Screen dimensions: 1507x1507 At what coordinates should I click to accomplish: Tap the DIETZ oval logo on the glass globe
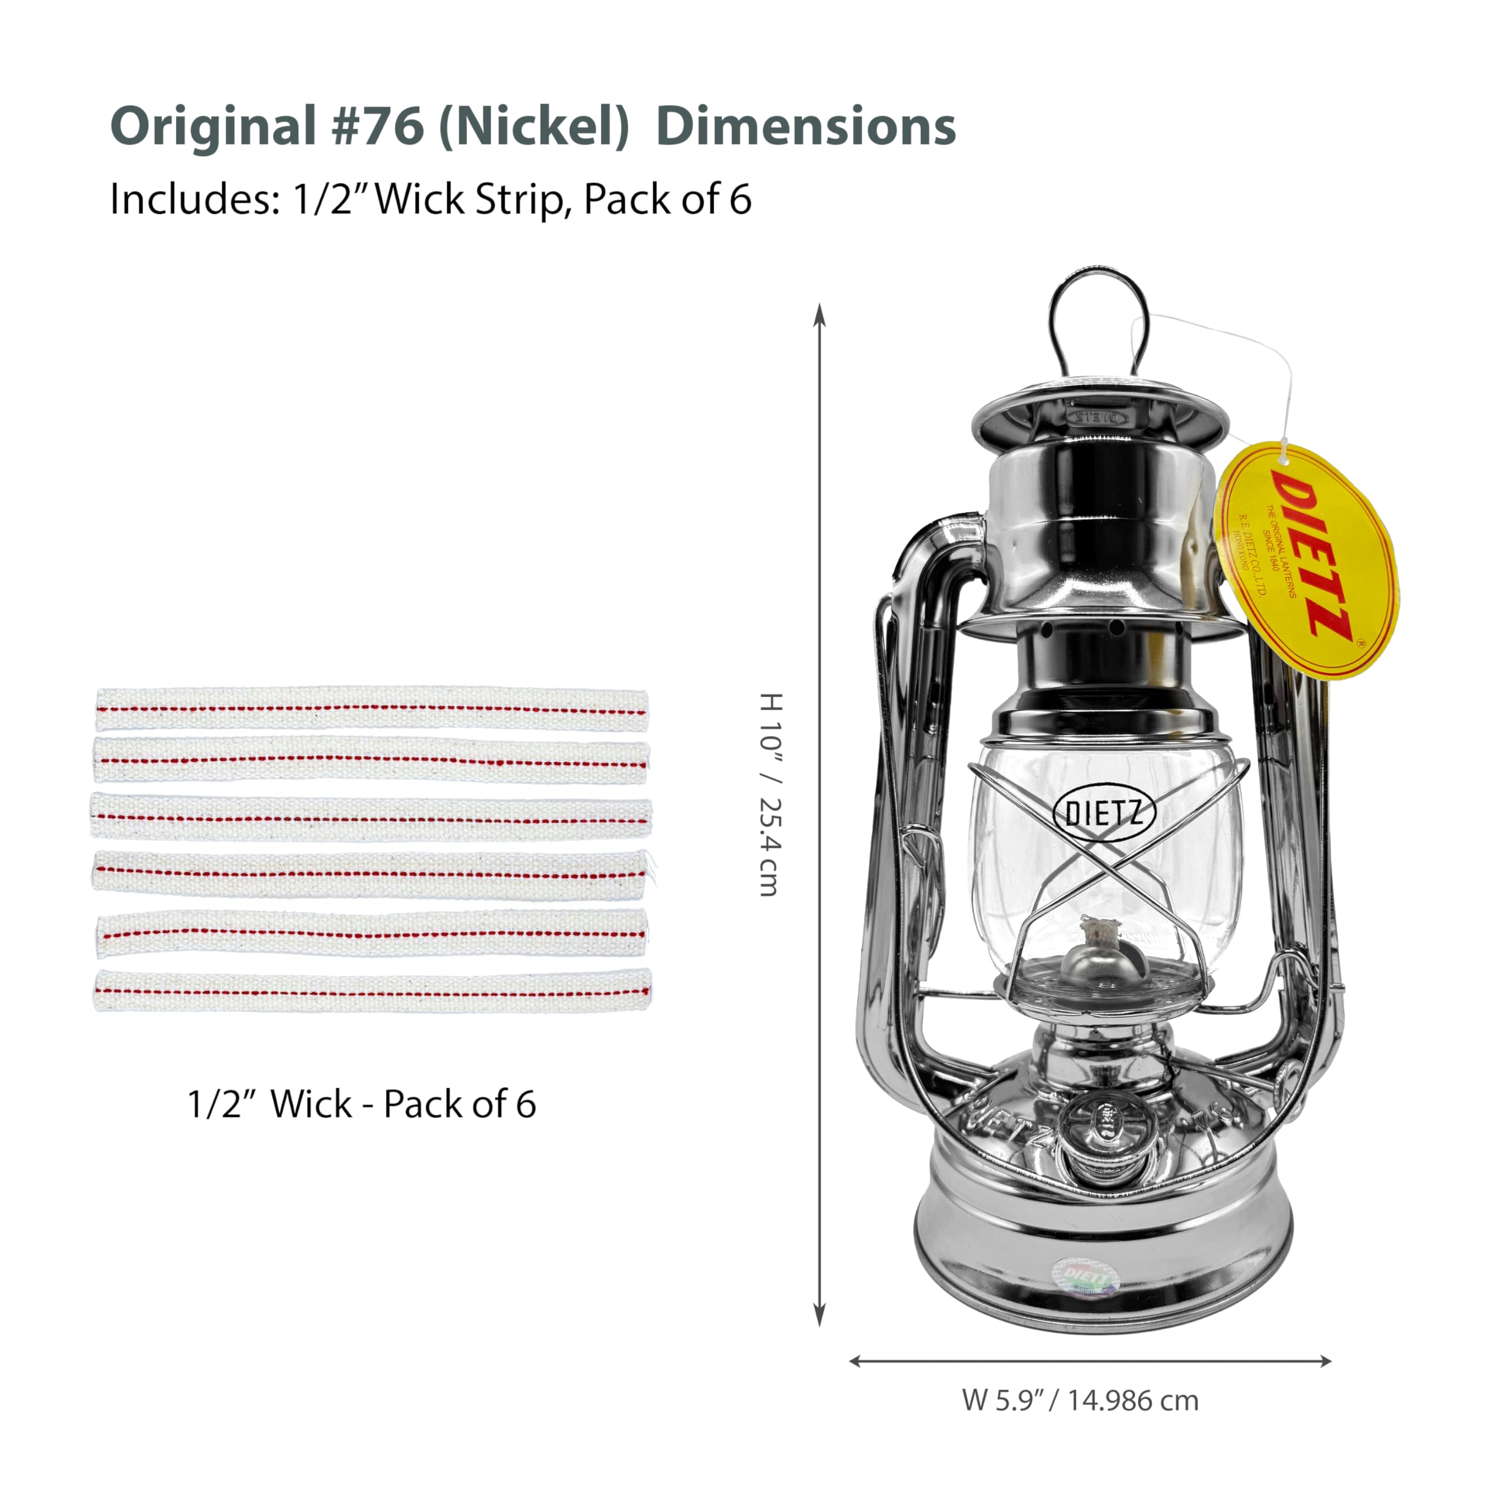(1104, 814)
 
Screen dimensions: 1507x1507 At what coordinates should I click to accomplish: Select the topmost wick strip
(371, 709)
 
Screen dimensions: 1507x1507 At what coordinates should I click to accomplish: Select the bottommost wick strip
(372, 991)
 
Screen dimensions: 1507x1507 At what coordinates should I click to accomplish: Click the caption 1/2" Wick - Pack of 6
(361, 1104)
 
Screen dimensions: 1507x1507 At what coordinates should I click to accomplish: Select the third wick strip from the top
(371, 816)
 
